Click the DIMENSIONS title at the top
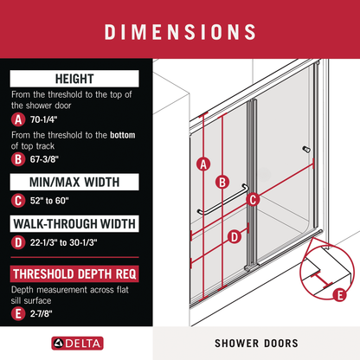point(180,32)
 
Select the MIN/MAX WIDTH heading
point(70,183)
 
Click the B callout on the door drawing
point(222,182)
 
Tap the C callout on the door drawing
point(253,200)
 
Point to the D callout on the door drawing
point(233,236)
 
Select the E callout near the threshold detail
point(339,295)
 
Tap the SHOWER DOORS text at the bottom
point(256,342)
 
